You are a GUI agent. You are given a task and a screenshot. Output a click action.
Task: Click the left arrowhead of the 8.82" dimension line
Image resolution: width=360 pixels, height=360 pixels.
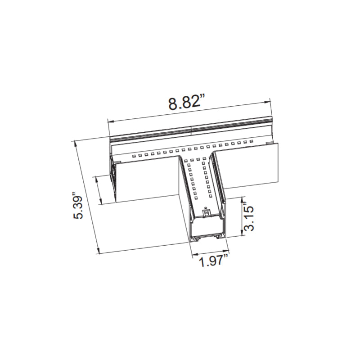click(x=109, y=121)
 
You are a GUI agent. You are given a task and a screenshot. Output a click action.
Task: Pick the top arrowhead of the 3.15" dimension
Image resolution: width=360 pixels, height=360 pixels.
click(x=243, y=199)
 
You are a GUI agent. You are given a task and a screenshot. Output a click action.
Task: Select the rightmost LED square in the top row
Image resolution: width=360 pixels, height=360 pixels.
click(x=252, y=142)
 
